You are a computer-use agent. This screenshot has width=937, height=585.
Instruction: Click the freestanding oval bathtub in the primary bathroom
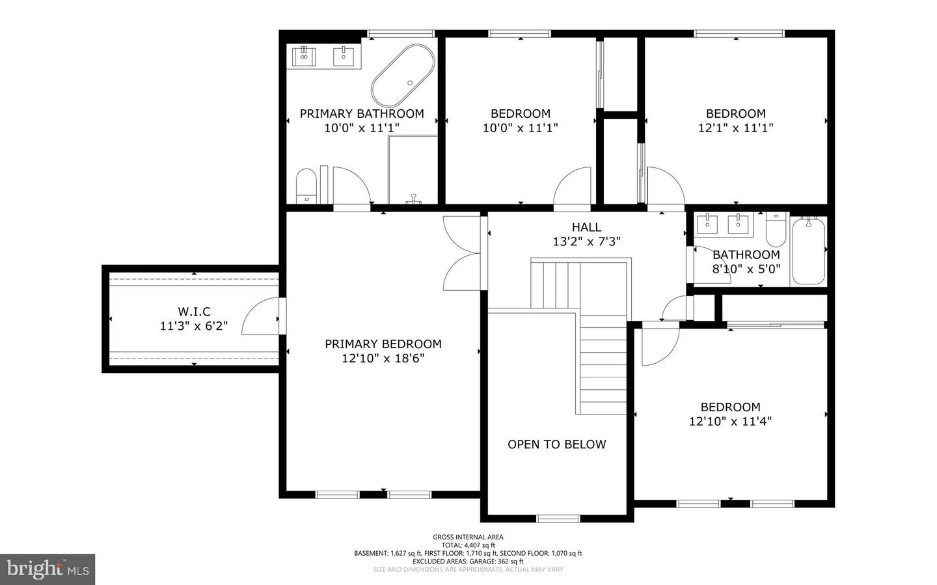(403, 75)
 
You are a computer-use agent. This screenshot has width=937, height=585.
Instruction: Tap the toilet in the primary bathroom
(306, 186)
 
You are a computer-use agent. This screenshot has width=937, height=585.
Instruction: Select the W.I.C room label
(194, 311)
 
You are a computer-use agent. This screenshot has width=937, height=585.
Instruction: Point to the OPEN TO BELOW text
(557, 444)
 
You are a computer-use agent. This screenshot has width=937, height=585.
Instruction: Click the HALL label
(586, 227)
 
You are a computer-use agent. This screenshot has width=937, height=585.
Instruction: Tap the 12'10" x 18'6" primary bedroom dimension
(383, 358)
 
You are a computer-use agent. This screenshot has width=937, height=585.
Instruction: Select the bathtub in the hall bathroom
(809, 251)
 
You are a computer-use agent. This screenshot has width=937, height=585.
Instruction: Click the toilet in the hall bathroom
(776, 229)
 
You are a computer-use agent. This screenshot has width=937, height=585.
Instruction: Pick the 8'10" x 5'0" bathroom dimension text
(746, 269)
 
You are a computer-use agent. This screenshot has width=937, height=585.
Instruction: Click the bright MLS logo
(48, 569)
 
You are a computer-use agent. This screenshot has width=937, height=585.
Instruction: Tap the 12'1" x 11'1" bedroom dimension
(735, 128)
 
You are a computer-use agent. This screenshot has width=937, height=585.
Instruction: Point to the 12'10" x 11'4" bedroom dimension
(730, 421)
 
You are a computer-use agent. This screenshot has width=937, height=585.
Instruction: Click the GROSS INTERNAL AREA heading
(468, 537)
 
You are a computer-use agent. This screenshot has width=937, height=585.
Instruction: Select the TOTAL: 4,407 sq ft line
(468, 545)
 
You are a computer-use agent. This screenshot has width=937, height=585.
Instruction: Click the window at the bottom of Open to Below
(558, 519)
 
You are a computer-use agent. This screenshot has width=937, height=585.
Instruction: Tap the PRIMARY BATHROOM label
(362, 113)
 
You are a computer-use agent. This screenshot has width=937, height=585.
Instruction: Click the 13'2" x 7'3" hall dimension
(586, 241)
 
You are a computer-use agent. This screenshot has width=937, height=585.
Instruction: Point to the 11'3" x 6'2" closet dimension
(194, 325)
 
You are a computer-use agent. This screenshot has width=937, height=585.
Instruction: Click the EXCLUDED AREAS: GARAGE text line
(468, 561)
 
